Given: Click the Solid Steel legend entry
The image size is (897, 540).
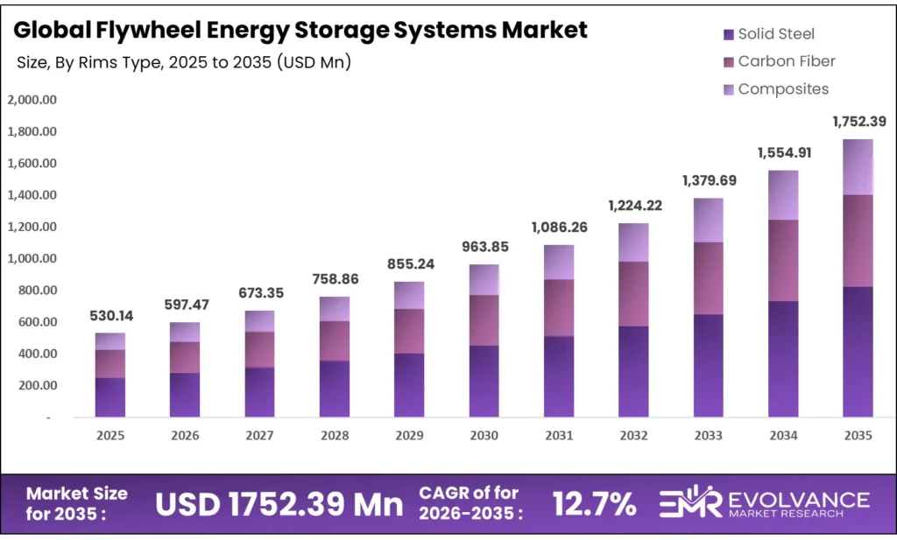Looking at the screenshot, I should click(x=776, y=34).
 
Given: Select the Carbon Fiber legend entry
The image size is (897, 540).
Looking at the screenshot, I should click(x=786, y=61).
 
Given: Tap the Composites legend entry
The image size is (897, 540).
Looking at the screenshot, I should click(x=782, y=88).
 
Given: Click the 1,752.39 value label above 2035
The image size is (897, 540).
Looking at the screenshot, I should click(x=858, y=122).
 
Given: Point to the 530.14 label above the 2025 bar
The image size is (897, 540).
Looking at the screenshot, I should click(x=110, y=315).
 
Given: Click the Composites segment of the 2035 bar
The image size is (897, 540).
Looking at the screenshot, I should click(x=858, y=166).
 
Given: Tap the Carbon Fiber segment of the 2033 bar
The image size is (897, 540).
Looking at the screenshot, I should click(x=708, y=278).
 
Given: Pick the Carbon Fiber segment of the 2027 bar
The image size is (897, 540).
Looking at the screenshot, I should click(x=259, y=349).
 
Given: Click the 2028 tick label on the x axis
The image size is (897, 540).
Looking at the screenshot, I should click(x=334, y=435).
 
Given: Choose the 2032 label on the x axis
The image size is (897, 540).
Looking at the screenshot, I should click(x=633, y=435).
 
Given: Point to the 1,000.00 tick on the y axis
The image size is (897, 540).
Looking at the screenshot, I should click(x=32, y=258).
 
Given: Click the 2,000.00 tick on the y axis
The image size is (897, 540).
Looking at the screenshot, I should click(x=32, y=100).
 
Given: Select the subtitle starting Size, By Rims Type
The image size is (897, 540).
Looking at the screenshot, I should click(x=183, y=63).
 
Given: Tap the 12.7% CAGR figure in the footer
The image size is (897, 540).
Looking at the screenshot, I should click(x=593, y=503).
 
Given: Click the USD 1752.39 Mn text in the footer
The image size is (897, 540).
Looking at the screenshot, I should click(x=279, y=503).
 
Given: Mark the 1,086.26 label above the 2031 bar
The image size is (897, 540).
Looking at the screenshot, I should click(x=559, y=227).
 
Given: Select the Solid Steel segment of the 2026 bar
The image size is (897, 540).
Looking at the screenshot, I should click(x=185, y=395).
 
